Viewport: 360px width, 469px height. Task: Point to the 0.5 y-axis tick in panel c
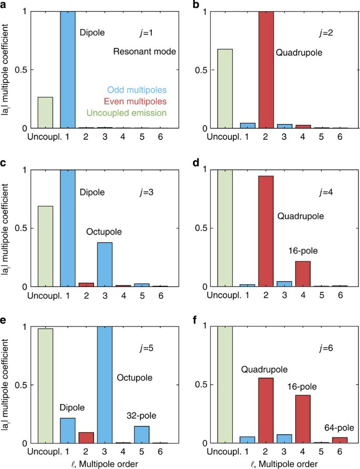[22, 228]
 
